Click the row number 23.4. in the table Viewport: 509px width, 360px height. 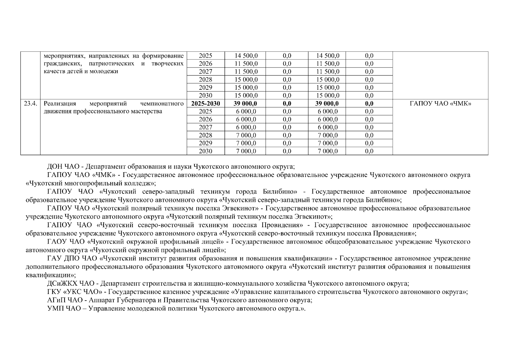click(30, 104)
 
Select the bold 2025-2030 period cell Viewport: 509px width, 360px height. click(205, 104)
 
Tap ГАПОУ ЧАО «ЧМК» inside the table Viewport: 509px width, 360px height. click(440, 104)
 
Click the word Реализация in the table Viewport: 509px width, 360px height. click(60, 104)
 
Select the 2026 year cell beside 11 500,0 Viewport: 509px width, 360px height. click(205, 64)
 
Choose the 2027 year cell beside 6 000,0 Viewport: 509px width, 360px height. click(205, 127)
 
